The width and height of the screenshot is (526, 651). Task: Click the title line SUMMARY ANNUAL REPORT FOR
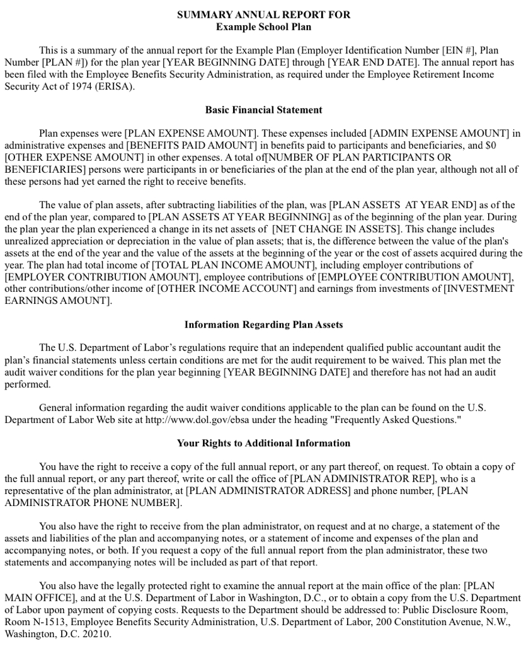click(263, 14)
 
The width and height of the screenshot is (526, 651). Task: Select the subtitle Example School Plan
click(263, 26)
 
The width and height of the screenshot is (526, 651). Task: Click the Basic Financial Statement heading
click(263, 110)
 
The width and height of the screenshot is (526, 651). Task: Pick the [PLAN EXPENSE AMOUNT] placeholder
click(191, 134)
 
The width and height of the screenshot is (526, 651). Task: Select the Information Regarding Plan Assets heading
click(263, 325)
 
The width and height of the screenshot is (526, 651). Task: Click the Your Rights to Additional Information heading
click(263, 443)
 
